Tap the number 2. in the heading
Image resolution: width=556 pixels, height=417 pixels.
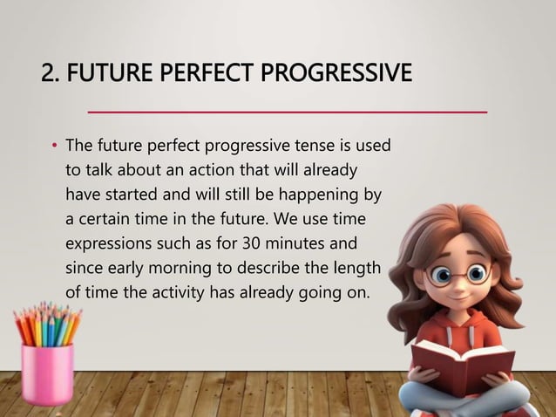(51, 72)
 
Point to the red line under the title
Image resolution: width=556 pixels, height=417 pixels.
(288, 112)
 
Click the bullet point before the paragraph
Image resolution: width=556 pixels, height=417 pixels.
(53, 144)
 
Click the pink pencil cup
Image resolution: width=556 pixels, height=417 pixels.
(48, 373)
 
